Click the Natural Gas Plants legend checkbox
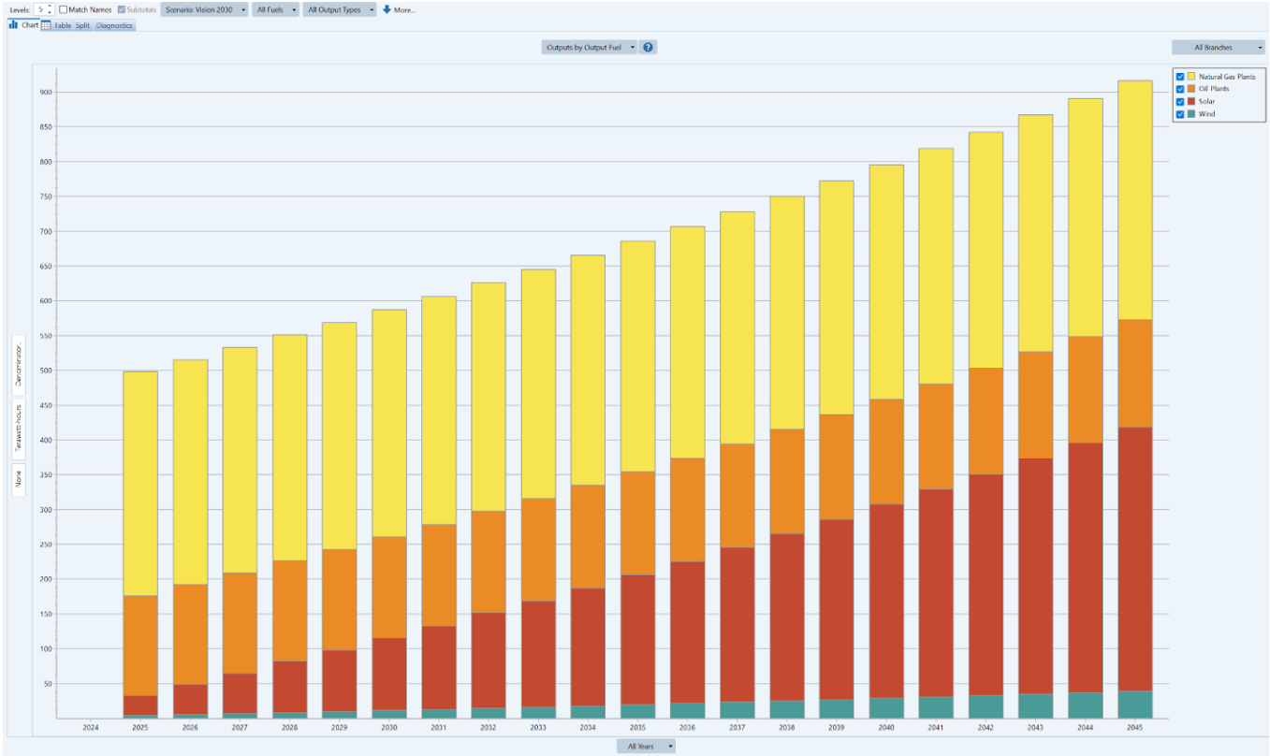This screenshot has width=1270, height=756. coord(1180,76)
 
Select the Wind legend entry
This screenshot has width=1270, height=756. coord(1206,114)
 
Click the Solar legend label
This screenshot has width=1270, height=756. coord(1206,101)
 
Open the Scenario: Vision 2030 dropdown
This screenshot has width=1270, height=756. coord(204,9)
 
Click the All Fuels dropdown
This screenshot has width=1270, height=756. coord(275,9)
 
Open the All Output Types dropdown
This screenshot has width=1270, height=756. coord(340,9)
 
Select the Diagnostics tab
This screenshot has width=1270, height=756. coord(115,25)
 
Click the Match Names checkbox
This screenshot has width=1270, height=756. coord(63,9)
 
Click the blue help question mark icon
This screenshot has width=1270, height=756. coord(649,47)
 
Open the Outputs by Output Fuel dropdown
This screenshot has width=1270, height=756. coord(590,47)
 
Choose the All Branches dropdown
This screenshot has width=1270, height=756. coord(1218,47)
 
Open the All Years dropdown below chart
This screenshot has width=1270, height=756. coord(645,746)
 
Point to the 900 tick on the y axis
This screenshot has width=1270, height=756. coord(46,92)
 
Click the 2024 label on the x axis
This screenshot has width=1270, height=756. coord(91,727)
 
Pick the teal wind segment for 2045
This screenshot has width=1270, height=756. coord(1133,705)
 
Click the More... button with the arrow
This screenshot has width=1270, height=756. coord(399,9)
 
